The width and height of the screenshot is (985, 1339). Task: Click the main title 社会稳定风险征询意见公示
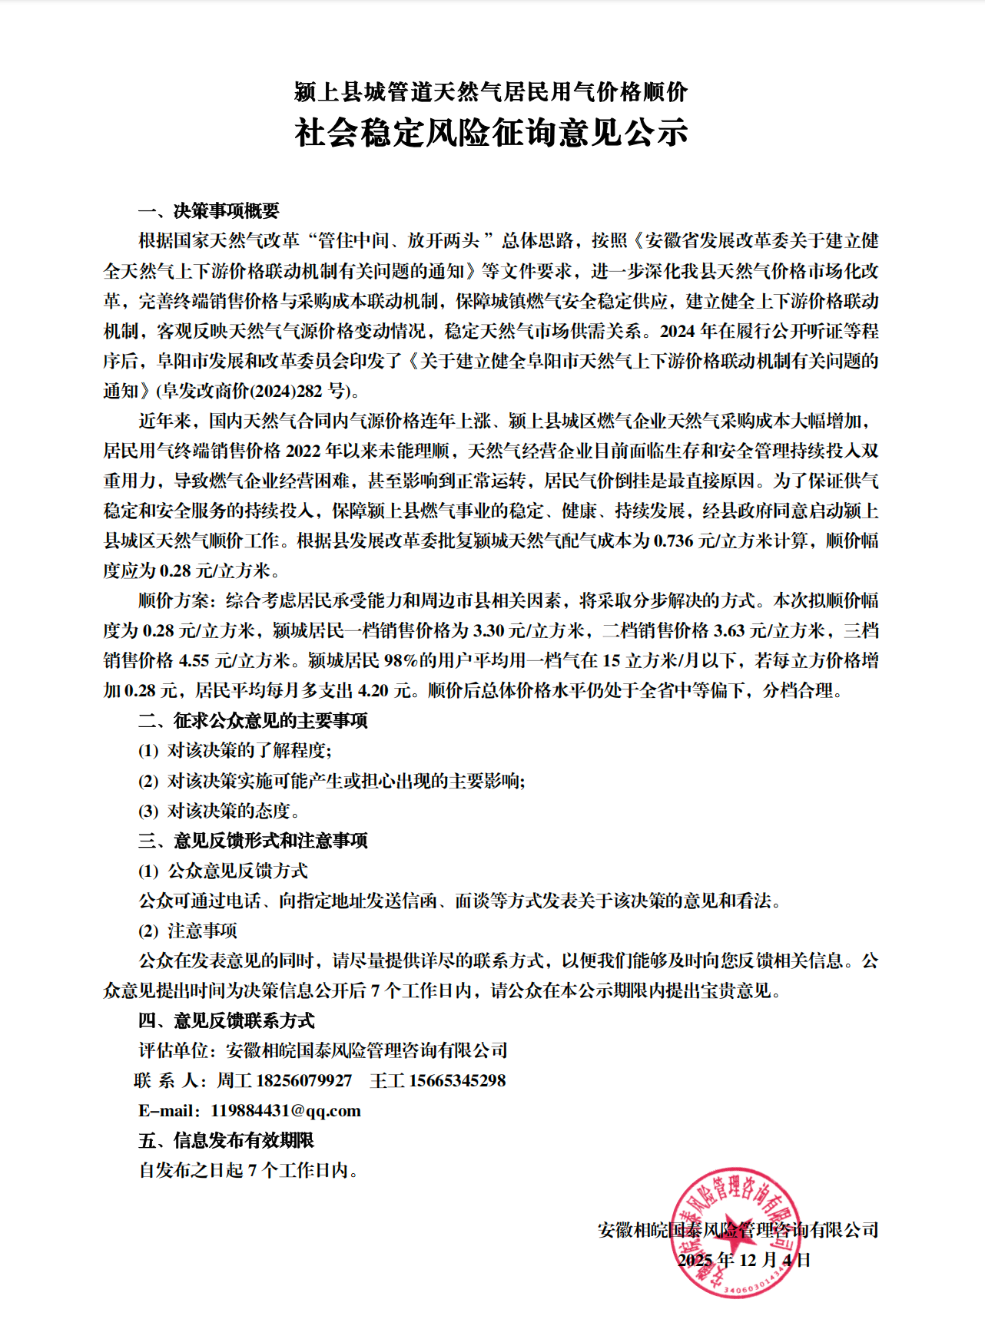point(492,133)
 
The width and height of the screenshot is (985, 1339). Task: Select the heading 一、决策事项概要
point(208,210)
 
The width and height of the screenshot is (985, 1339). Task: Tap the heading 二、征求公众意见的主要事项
point(253,720)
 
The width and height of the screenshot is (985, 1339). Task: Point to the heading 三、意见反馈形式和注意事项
point(253,841)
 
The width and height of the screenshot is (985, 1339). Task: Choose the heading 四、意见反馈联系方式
point(227,1020)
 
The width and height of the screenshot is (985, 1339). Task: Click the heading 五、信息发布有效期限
point(227,1140)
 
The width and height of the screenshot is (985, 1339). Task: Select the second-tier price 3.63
point(729,630)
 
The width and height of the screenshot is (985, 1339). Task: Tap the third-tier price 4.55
point(194,660)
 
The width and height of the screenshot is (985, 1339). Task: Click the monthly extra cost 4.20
point(373,690)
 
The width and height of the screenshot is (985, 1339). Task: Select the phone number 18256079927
point(303,1080)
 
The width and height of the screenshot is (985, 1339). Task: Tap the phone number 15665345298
point(457,1080)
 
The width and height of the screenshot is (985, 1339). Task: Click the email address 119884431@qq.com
point(286,1110)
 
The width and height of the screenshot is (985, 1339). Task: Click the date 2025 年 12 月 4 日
point(743,1260)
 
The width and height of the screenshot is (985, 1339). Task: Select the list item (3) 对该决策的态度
point(219,811)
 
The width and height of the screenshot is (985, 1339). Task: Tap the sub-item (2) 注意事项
point(188,931)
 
